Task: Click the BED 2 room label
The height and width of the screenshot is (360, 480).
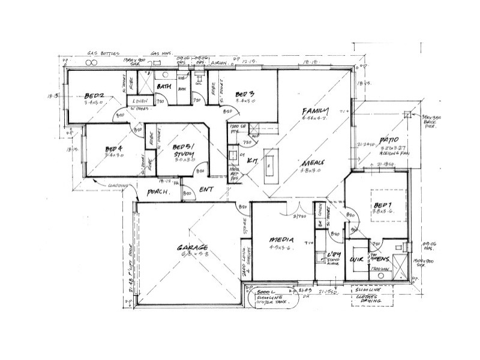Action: coord(95,95)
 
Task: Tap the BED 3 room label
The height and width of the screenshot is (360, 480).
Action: coord(245,94)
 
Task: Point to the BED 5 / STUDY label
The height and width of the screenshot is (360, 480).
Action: coord(182,151)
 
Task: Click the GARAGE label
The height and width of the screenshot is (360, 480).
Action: coord(192,247)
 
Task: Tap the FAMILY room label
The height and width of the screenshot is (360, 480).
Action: coord(316,112)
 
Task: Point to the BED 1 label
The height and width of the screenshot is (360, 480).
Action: coord(382,203)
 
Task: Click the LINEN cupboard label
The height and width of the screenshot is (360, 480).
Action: coord(141,101)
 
